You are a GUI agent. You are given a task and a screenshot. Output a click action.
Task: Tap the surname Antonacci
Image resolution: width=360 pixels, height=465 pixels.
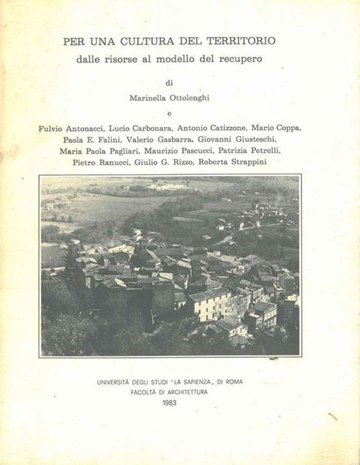(x=92, y=128)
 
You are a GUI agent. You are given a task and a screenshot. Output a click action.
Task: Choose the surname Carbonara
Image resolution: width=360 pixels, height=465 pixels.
(x=154, y=128)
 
